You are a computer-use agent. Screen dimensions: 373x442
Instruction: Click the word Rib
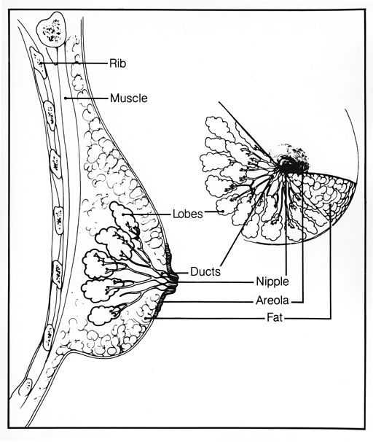pos(118,63)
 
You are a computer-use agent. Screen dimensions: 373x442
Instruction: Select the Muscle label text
pos(129,98)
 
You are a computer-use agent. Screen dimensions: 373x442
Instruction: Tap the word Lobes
pos(187,214)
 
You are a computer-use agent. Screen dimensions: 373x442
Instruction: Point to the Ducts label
pos(205,272)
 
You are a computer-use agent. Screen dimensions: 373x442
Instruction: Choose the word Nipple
pos(272,282)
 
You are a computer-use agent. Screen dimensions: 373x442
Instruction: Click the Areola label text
pos(272,301)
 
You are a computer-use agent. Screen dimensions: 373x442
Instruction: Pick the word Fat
pos(275,318)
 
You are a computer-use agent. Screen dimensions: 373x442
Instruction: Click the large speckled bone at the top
pos(51,29)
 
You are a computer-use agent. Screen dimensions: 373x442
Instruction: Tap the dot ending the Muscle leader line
pos(66,98)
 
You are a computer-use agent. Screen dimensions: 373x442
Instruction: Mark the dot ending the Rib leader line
pos(41,63)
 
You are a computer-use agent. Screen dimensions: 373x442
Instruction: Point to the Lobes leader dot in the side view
pos(123,214)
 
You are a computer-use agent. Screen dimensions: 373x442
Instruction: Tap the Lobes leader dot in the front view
pos(223,211)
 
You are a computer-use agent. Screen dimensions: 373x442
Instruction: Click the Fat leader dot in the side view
pos(146,318)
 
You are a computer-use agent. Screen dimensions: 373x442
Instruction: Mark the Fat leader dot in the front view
pos(330,206)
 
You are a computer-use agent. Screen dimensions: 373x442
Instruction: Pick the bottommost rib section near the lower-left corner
pos(26,387)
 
